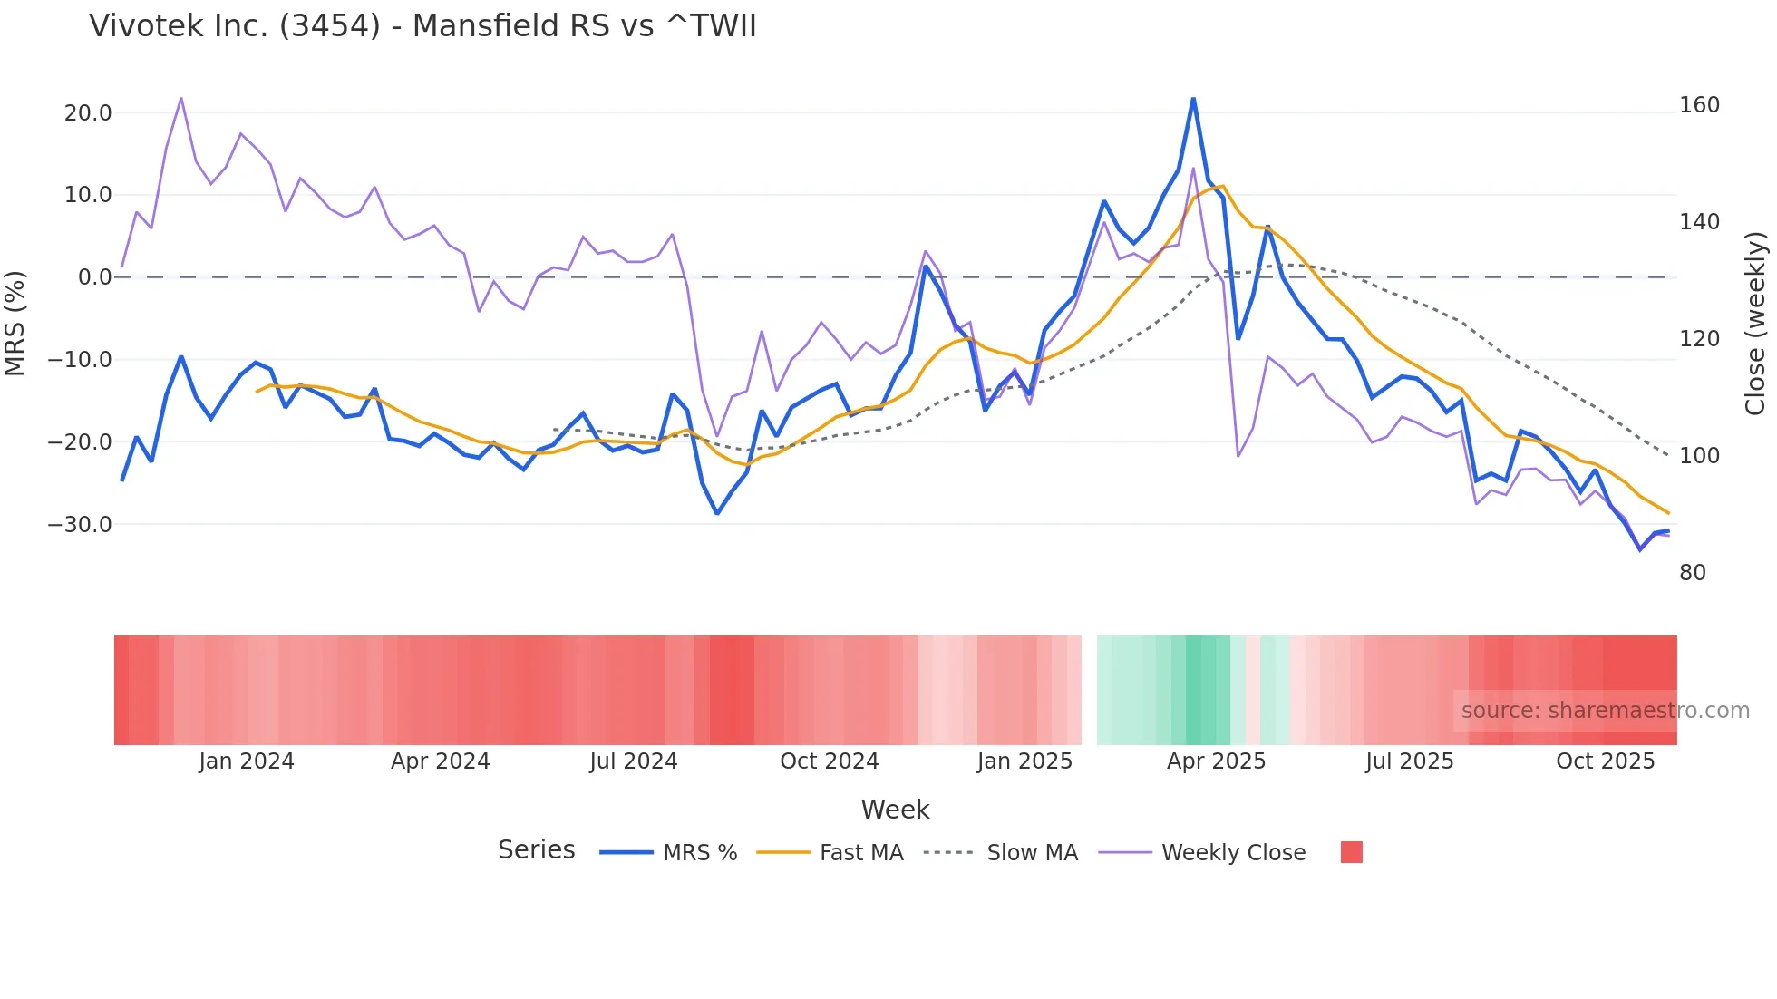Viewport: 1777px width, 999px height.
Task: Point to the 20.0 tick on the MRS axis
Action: coord(88,113)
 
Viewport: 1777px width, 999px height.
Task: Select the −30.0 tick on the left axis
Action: coord(80,525)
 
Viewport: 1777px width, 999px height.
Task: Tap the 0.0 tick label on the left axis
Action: coord(94,277)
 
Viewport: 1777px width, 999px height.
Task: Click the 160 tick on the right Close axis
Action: coord(1699,105)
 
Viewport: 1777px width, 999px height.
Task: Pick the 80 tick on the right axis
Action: coord(1693,573)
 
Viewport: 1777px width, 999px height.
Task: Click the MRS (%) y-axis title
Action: coord(15,323)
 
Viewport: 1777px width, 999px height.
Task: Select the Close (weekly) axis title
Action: coord(1756,323)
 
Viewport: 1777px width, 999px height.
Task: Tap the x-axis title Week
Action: coord(895,810)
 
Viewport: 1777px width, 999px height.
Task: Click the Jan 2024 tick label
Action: coord(247,761)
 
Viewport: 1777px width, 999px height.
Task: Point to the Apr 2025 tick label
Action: coord(1216,761)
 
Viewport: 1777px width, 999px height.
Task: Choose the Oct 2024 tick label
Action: coord(830,761)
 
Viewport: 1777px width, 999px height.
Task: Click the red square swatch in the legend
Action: coord(1351,852)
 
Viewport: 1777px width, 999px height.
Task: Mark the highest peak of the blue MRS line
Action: coord(1193,99)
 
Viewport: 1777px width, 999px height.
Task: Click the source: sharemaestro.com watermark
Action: coord(1605,711)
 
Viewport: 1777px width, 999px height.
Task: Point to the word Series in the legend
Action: coord(536,850)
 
